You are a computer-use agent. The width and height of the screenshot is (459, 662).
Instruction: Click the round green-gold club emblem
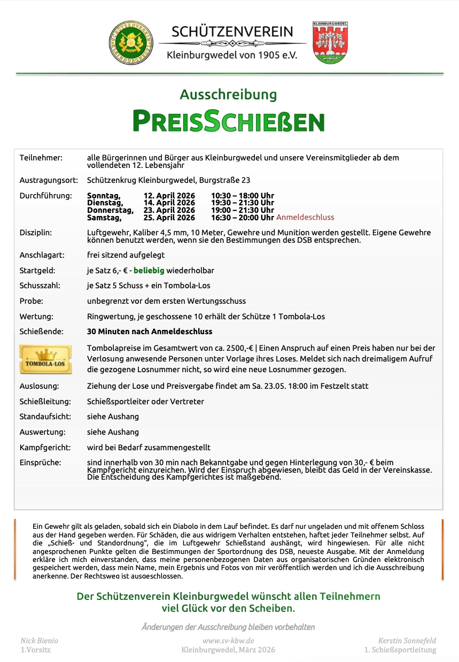pyautogui.click(x=131, y=43)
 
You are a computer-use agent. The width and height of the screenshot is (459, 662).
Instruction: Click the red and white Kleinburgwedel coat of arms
pyautogui.click(x=330, y=43)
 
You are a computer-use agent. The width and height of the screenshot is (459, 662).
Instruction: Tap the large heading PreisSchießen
pyautogui.click(x=229, y=121)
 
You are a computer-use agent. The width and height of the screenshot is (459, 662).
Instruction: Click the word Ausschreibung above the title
pyautogui.click(x=228, y=95)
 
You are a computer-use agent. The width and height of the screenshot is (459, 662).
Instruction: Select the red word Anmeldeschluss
pyautogui.click(x=305, y=217)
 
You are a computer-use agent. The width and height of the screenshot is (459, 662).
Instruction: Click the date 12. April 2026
pyautogui.click(x=169, y=196)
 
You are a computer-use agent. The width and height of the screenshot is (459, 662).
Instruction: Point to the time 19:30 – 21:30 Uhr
pyautogui.click(x=243, y=203)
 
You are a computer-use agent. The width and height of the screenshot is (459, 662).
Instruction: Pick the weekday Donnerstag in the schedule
pyautogui.click(x=110, y=210)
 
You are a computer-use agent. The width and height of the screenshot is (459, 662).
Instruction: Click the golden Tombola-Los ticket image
pyautogui.click(x=45, y=359)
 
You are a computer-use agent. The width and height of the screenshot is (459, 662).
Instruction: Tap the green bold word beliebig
pyautogui.click(x=149, y=271)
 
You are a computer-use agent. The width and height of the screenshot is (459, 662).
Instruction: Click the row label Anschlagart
pyautogui.click(x=41, y=255)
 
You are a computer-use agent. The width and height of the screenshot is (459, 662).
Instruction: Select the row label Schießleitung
pyautogui.click(x=45, y=401)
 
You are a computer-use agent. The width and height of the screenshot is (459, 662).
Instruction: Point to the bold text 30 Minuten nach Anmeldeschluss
pyautogui.click(x=150, y=332)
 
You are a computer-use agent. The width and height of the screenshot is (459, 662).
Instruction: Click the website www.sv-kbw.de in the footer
pyautogui.click(x=228, y=641)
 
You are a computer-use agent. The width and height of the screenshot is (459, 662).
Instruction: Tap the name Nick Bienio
pyautogui.click(x=39, y=641)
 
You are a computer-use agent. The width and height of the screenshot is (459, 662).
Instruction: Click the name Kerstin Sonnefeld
pyautogui.click(x=407, y=641)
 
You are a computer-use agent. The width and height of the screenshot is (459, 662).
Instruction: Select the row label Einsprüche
pyautogui.click(x=40, y=462)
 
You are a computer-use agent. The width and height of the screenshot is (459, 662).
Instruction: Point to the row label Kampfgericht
pyautogui.click(x=44, y=447)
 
